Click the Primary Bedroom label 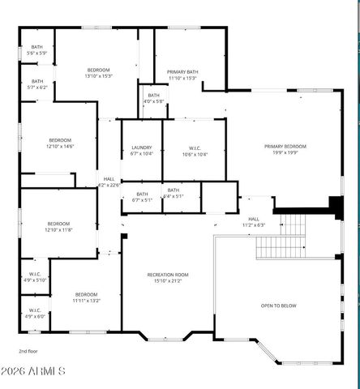285,149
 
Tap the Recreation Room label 167,278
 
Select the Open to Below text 278,306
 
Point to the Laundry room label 142,150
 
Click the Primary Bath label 182,75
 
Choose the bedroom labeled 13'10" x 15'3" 99,73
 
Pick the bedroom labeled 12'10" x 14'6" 60,143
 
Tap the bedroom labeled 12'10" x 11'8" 58,226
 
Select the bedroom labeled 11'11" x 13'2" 87,297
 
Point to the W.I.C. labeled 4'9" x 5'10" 36,276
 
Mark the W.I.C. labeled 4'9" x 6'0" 36,313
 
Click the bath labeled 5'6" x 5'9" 37,50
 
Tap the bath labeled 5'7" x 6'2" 37,83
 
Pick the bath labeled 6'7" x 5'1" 143,196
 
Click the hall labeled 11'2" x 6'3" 254,221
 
